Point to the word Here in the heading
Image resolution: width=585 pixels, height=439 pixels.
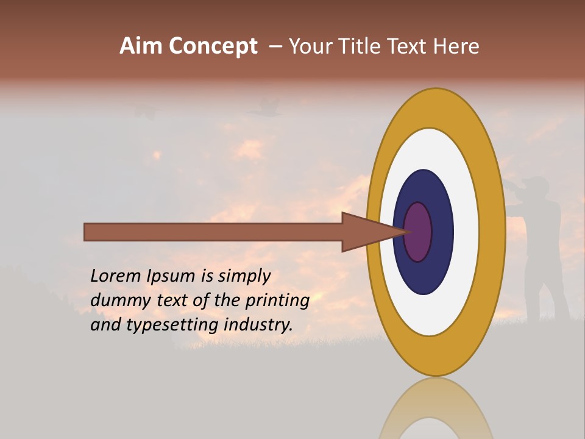point(456,46)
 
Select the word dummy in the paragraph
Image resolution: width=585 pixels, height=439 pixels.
point(118,300)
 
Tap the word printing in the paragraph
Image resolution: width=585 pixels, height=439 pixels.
point(277,300)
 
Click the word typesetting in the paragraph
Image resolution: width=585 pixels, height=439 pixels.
point(173,325)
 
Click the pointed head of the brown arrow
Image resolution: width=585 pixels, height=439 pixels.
point(366,232)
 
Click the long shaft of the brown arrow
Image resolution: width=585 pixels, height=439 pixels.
point(213,232)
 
